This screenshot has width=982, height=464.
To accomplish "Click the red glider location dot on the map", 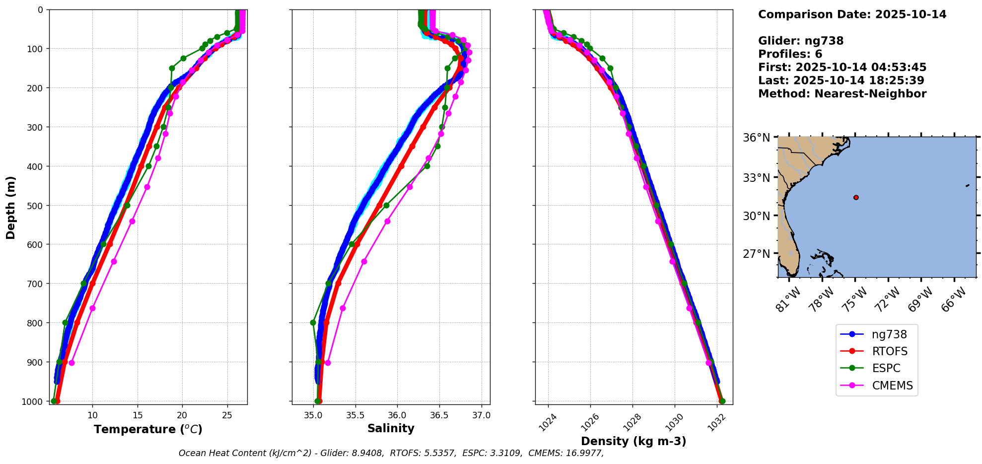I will point(856,197).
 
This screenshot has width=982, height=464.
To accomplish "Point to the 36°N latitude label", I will point(757,137).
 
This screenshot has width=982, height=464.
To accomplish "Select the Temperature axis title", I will point(148,429).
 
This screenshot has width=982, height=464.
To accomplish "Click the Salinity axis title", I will point(391,428).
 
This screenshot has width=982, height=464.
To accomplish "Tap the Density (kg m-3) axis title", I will point(633,441).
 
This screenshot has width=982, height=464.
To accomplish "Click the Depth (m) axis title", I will point(11,207).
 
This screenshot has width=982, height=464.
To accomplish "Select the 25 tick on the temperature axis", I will point(227,415).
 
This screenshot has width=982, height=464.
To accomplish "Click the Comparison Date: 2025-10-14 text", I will point(852,14).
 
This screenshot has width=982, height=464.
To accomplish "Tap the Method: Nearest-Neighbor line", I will point(842,94).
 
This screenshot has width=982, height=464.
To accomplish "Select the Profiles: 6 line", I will point(790,54).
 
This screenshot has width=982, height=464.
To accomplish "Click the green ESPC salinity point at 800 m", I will point(313,322).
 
